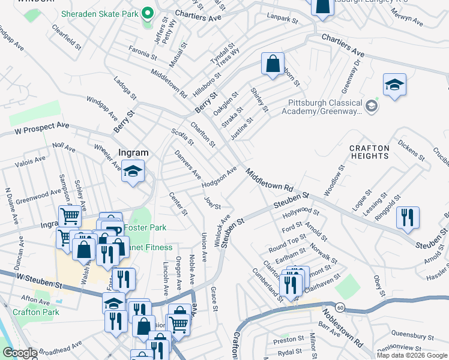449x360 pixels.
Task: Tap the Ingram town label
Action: click(133, 153)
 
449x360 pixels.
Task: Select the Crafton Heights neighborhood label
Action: click(369, 152)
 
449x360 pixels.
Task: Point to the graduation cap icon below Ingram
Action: click(133, 172)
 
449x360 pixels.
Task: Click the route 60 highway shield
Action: click(340, 307)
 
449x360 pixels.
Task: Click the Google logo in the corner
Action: click(20, 353)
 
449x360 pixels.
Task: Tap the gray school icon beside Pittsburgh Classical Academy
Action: click(372, 106)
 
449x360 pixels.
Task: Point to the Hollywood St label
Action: click(301, 211)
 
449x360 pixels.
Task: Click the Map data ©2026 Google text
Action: click(412, 355)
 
